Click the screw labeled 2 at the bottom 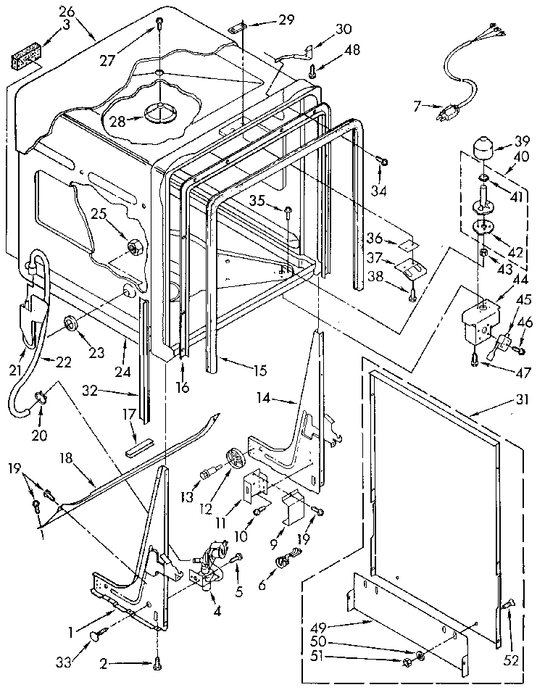(x=157, y=660)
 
